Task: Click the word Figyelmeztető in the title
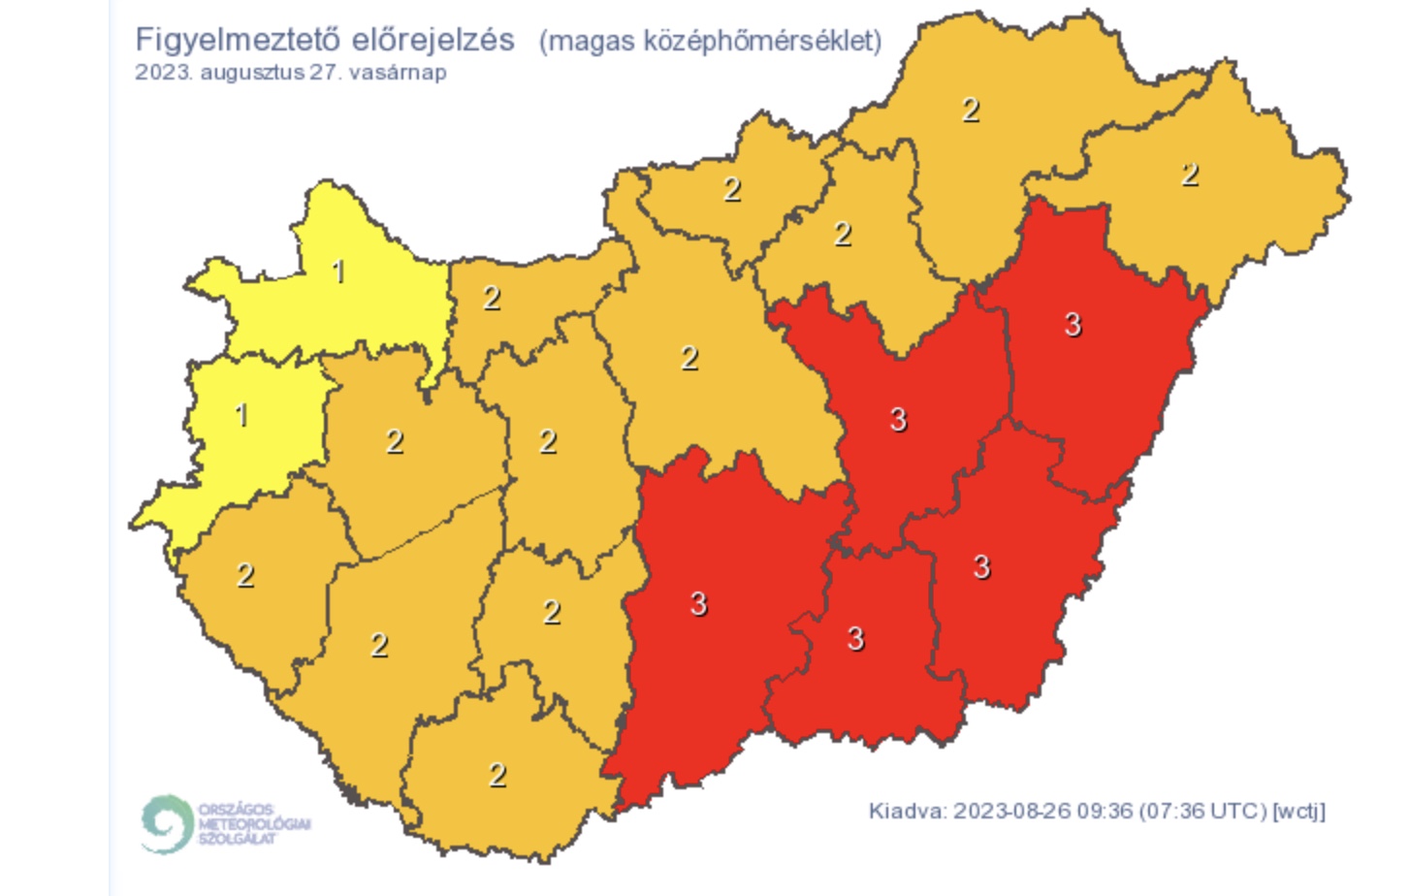(x=238, y=41)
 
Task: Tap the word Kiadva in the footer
(x=906, y=811)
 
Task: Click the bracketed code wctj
(x=1298, y=811)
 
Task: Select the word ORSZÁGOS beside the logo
(x=236, y=809)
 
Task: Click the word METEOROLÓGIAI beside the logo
(x=254, y=823)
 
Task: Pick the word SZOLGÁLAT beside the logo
(x=238, y=838)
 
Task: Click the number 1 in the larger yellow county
(x=338, y=272)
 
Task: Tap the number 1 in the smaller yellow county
(x=241, y=415)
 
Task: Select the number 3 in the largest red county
(x=698, y=604)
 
